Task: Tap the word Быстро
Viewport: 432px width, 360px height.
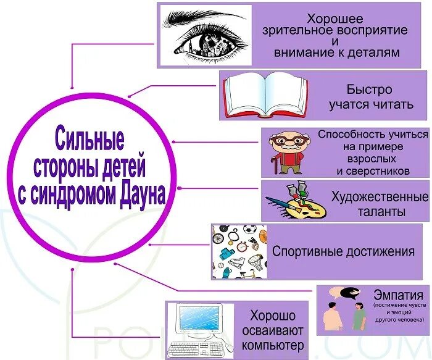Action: (370, 89)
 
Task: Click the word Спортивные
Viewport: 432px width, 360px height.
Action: (305, 251)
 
